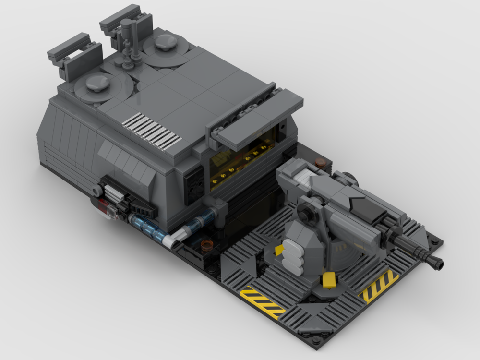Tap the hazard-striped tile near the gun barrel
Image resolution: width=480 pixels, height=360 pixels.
[x=378, y=285]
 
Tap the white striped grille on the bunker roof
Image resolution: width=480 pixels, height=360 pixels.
[x=151, y=130]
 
